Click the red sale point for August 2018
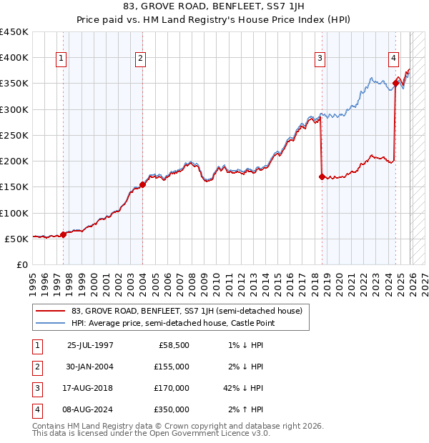[322, 176]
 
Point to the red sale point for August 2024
[395, 84]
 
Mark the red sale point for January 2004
[142, 184]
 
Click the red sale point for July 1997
[63, 234]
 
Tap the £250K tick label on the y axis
[14, 135]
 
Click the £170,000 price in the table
[172, 388]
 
